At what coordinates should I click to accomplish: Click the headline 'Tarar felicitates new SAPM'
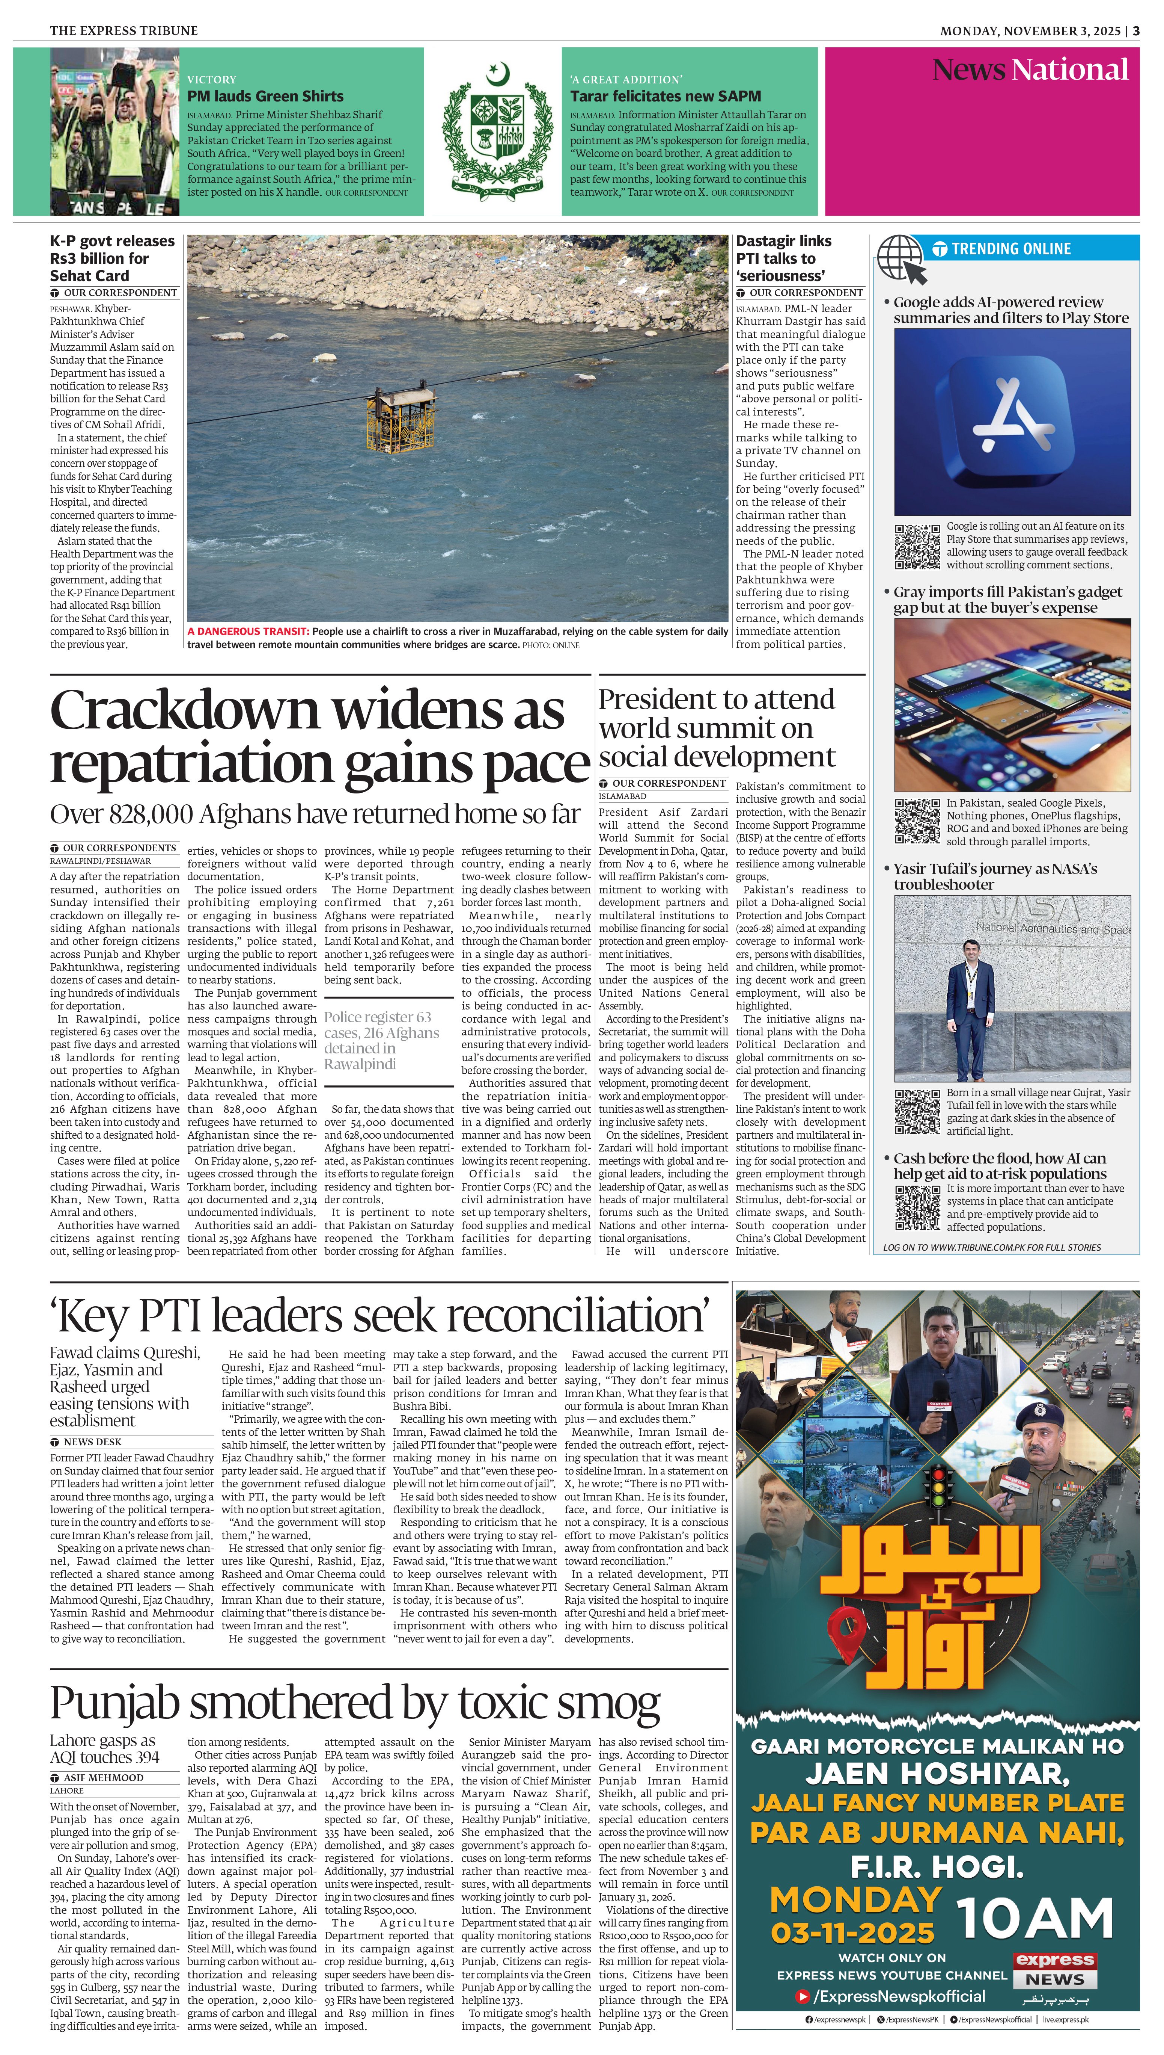[x=665, y=96]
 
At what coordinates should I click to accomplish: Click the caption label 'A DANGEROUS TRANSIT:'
[x=248, y=631]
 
